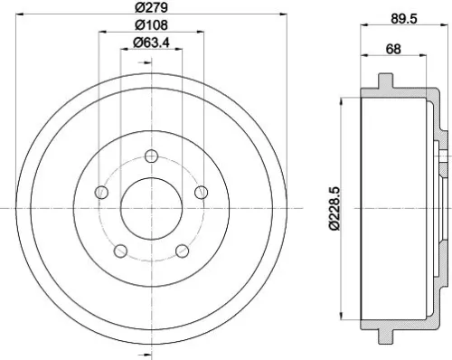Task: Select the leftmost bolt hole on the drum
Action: pyautogui.click(x=102, y=193)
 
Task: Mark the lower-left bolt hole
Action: pyautogui.click(x=122, y=251)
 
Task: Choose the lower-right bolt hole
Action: pyautogui.click(x=182, y=251)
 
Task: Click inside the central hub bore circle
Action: pyautogui.click(x=152, y=209)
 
